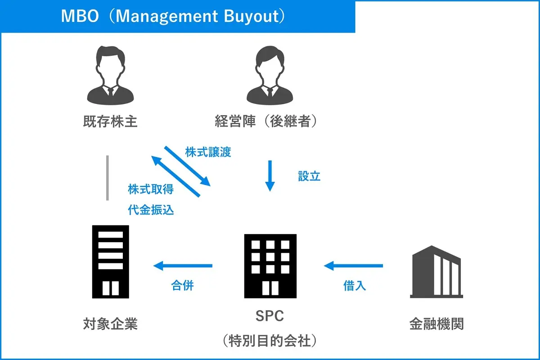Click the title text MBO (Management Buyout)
pos(173,16)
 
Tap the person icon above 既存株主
pos(110,75)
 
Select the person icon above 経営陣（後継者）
pos(270,75)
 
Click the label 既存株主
pos(110,121)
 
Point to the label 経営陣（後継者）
pos(265,121)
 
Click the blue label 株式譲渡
pos(208,152)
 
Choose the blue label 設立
pos(309,176)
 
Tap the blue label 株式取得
pos(151,189)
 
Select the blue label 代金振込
pos(151,210)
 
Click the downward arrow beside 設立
pos(270,176)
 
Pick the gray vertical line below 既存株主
pos(108,178)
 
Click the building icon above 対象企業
pos(111,262)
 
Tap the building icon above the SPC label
pos(270,266)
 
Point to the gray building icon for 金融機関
pos(436,272)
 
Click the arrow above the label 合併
pos(183,265)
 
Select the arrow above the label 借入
pos(353,265)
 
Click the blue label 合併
pos(183,285)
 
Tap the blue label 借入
pos(355,286)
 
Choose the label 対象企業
pos(110,324)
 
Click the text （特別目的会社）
pos(270,341)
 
